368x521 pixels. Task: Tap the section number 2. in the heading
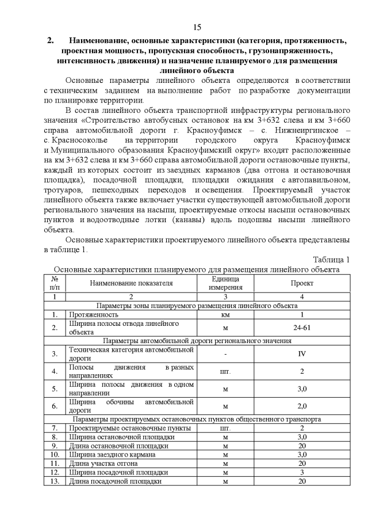point(50,41)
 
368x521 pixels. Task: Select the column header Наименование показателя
point(131,283)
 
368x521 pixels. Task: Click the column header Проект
point(302,283)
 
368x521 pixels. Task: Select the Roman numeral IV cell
point(302,353)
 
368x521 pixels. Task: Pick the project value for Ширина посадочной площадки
point(302,472)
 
